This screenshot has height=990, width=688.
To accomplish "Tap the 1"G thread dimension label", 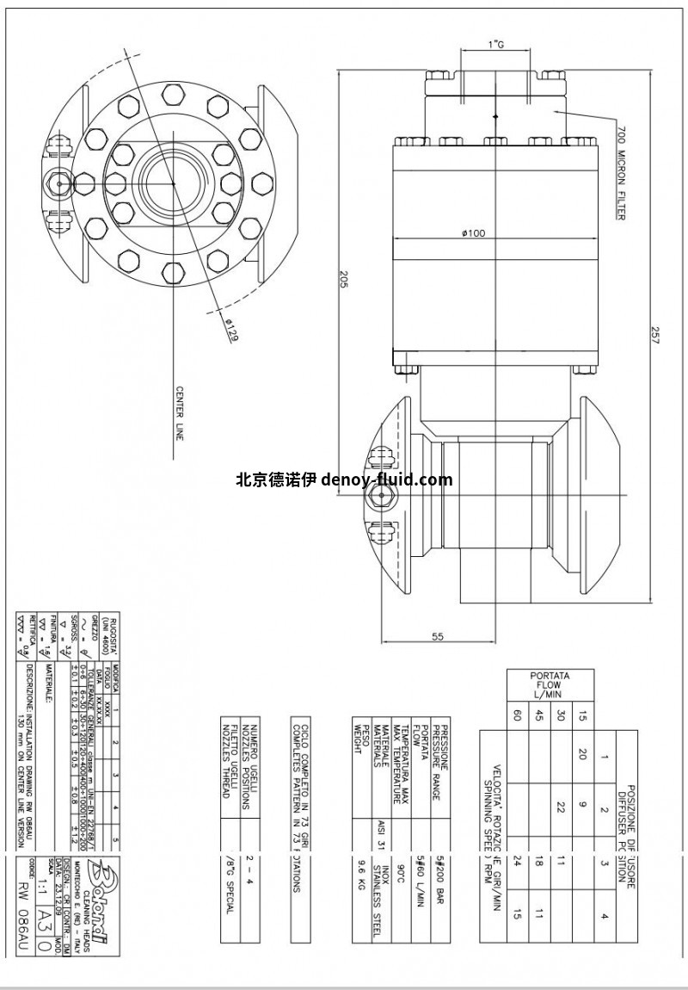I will [495, 43].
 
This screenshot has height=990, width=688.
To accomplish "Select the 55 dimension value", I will [438, 636].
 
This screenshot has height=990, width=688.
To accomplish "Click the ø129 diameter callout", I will [230, 330].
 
